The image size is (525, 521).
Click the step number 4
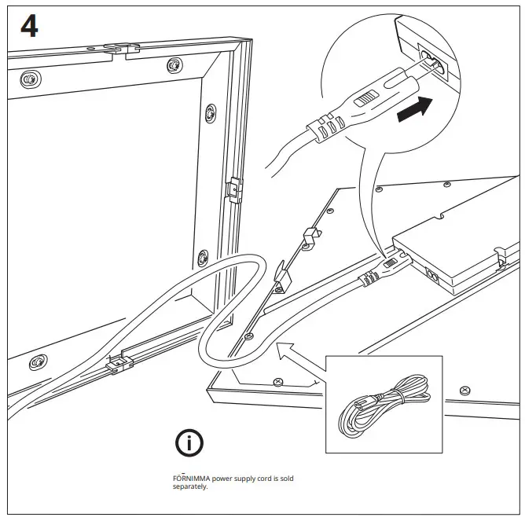click(29, 27)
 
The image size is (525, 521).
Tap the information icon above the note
click(189, 444)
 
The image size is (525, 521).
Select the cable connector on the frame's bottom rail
click(119, 364)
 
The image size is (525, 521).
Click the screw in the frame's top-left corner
click(30, 79)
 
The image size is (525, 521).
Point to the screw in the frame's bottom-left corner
click(35, 363)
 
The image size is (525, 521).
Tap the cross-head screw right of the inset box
click(464, 390)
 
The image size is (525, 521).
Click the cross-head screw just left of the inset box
click(277, 381)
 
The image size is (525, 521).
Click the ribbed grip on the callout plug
click(325, 127)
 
